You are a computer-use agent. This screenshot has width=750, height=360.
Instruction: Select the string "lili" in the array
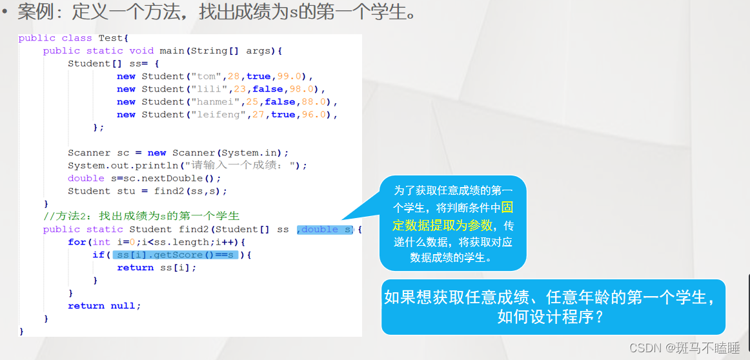click(x=205, y=89)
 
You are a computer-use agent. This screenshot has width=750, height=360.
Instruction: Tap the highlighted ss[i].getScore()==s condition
click(x=175, y=255)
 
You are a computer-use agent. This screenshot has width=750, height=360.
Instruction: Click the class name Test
click(x=113, y=38)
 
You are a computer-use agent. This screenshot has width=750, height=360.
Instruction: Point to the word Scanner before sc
click(x=89, y=153)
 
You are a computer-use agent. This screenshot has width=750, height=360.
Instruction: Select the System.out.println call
click(x=123, y=165)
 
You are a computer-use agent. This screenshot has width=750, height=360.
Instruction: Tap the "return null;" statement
click(x=104, y=306)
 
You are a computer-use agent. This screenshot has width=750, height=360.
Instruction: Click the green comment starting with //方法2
click(x=141, y=216)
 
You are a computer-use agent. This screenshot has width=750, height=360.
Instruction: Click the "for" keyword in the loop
click(x=77, y=242)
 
